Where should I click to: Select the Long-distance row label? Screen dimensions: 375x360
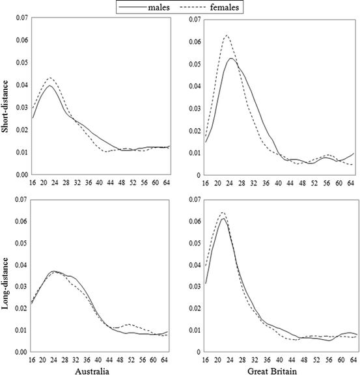point(6,285)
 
